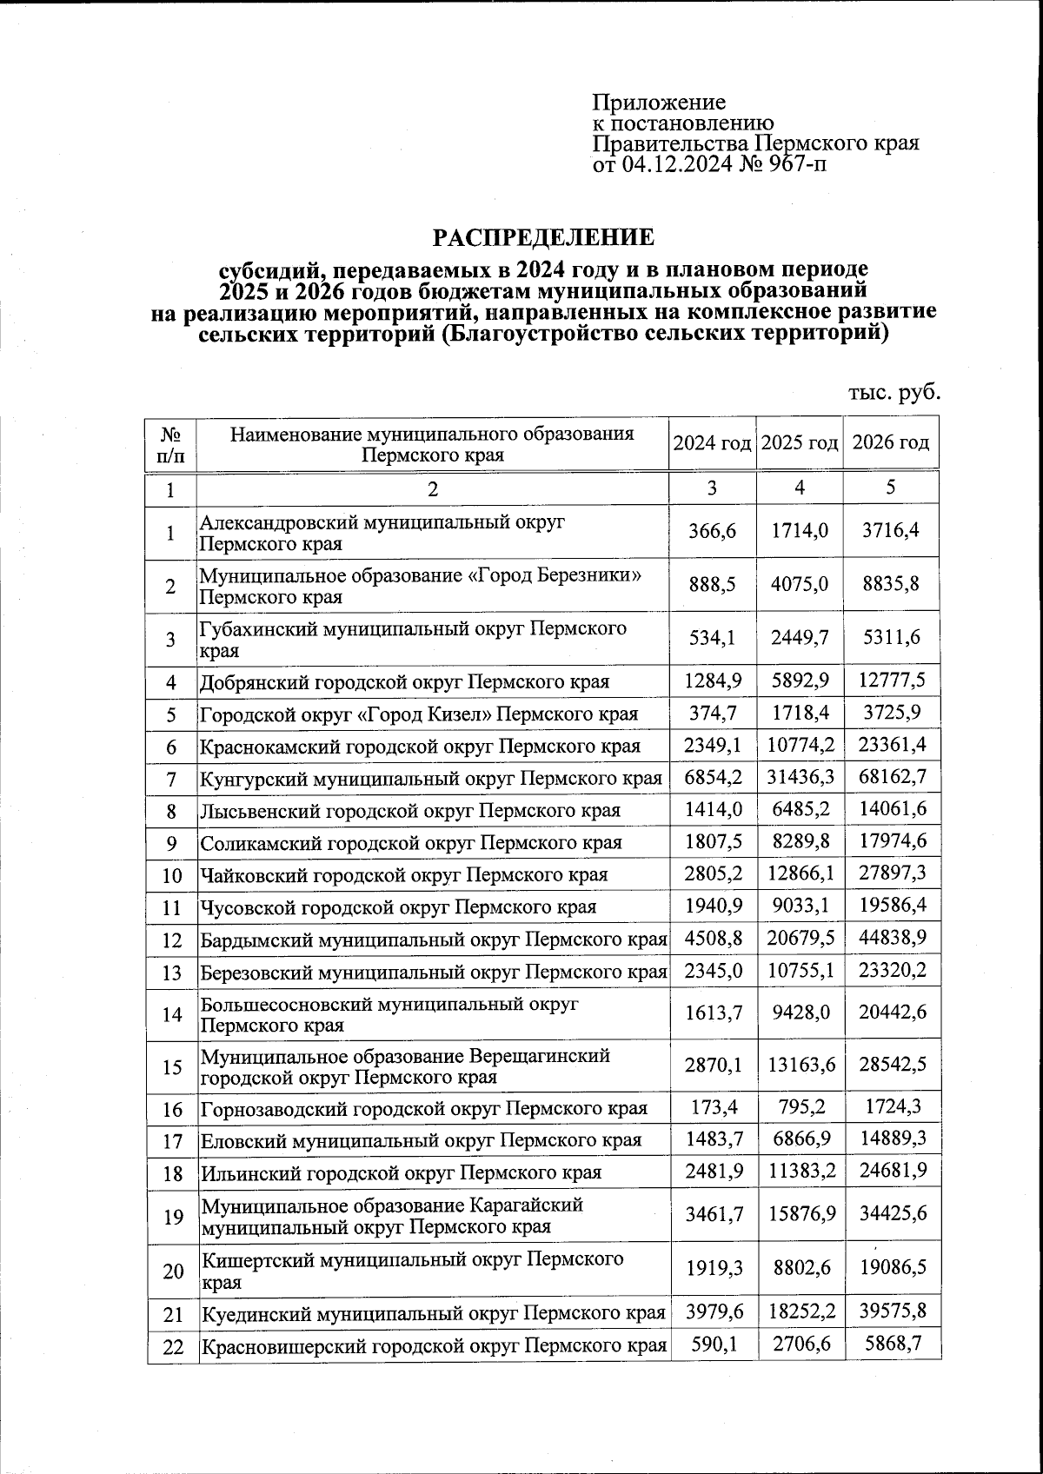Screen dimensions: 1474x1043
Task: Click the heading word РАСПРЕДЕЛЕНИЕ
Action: [x=544, y=237]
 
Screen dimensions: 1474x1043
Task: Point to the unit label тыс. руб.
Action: [x=894, y=392]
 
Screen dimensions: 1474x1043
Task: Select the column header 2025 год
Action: [x=799, y=443]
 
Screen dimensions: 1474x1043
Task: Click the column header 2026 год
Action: [x=891, y=443]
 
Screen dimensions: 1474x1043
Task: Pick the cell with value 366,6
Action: [x=712, y=531]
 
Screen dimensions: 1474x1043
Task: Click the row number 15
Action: [x=172, y=1066]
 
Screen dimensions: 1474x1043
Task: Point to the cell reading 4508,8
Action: [x=713, y=938]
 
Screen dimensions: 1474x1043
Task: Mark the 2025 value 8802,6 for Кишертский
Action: [x=799, y=1268]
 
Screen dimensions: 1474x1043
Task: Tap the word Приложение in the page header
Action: [x=659, y=103]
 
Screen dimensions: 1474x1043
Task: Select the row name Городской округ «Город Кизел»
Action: [x=418, y=714]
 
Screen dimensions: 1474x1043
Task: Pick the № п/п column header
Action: [x=171, y=444]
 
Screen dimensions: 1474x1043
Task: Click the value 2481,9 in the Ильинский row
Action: [x=713, y=1172]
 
